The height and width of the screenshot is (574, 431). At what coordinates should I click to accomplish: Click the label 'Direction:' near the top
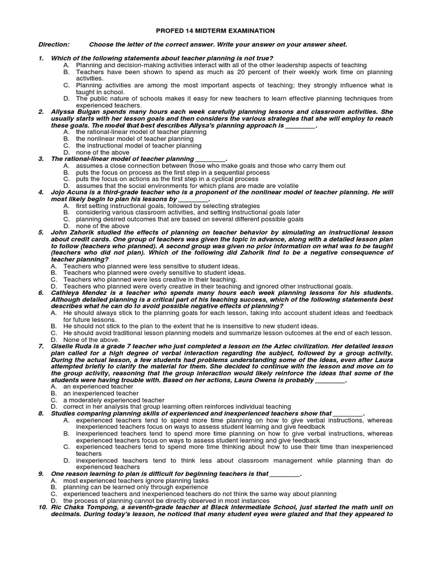point(54,44)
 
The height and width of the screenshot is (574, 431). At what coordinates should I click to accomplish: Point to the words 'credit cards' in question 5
point(84,239)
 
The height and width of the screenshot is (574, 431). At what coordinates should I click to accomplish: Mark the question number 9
point(41,474)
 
